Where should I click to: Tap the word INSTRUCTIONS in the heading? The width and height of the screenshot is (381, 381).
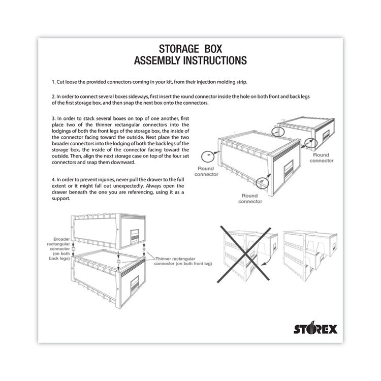tap(214, 61)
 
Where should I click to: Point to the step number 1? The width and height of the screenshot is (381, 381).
tap(53, 82)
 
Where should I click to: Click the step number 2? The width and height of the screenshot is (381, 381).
tap(53, 96)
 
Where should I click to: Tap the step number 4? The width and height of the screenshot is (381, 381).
tap(53, 180)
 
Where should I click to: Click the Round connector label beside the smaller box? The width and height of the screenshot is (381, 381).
tap(323, 157)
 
